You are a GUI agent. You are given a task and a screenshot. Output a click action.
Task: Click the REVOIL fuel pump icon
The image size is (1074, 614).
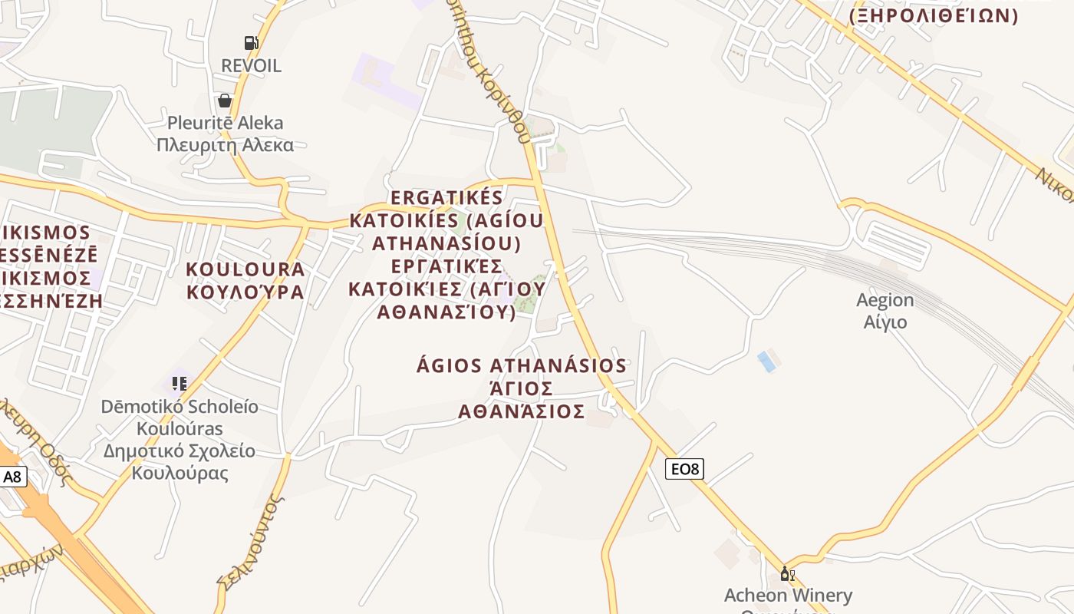251,43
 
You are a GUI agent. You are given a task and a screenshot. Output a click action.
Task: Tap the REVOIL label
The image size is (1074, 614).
251,66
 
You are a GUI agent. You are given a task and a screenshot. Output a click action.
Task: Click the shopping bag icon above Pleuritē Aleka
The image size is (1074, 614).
225,101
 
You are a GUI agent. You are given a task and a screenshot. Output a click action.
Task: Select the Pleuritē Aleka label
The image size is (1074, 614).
225,123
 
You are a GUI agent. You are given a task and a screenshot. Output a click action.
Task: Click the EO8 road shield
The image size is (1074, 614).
684,468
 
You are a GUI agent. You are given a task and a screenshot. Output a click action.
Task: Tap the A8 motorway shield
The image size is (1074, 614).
13,477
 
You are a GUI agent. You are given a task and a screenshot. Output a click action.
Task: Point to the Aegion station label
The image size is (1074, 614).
885,300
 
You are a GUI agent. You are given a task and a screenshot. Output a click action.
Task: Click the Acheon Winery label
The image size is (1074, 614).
788,595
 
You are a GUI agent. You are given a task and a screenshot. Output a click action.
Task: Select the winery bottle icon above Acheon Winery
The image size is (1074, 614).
787,573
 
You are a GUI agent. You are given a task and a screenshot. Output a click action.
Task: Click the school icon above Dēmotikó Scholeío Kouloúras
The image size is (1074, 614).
180,383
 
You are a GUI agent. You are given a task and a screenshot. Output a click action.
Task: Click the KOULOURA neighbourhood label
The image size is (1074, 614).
245,269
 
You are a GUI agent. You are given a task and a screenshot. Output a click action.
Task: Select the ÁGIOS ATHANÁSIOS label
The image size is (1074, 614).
522,365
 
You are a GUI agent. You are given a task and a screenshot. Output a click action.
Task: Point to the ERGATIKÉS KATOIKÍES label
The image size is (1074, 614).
446,198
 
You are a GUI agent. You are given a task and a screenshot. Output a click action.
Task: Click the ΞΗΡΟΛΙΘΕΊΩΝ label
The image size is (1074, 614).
933,15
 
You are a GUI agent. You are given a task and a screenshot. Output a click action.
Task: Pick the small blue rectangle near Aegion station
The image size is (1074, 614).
766,361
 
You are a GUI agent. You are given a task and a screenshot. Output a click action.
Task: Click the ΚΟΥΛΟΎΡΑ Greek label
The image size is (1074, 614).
245,292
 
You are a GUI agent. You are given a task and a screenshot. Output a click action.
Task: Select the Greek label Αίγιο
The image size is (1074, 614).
885,322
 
